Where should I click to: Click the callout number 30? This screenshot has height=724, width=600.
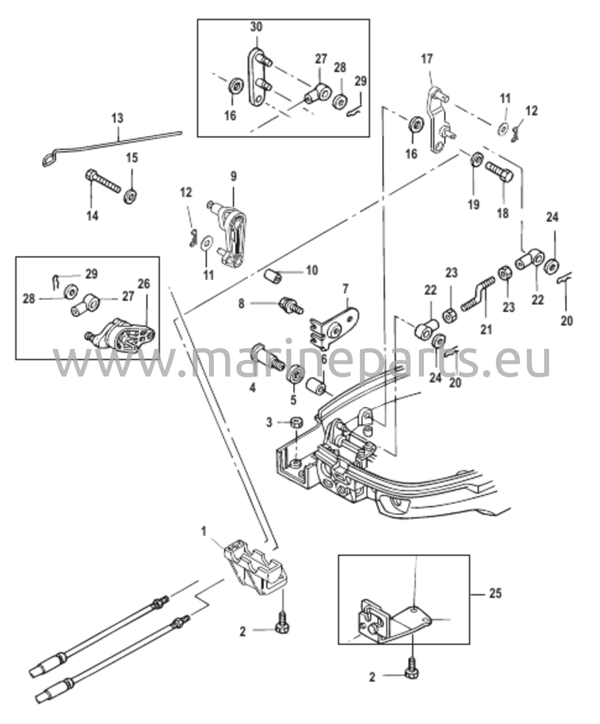[x=257, y=27]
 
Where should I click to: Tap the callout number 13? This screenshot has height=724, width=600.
[x=117, y=118]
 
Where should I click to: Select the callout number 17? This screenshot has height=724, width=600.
[x=427, y=59]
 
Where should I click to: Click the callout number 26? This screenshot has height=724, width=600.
[x=144, y=284]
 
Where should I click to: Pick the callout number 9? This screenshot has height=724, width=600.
[x=234, y=176]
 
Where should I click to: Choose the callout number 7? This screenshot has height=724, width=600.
[x=345, y=289]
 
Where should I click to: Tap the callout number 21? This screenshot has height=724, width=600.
[x=486, y=329]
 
